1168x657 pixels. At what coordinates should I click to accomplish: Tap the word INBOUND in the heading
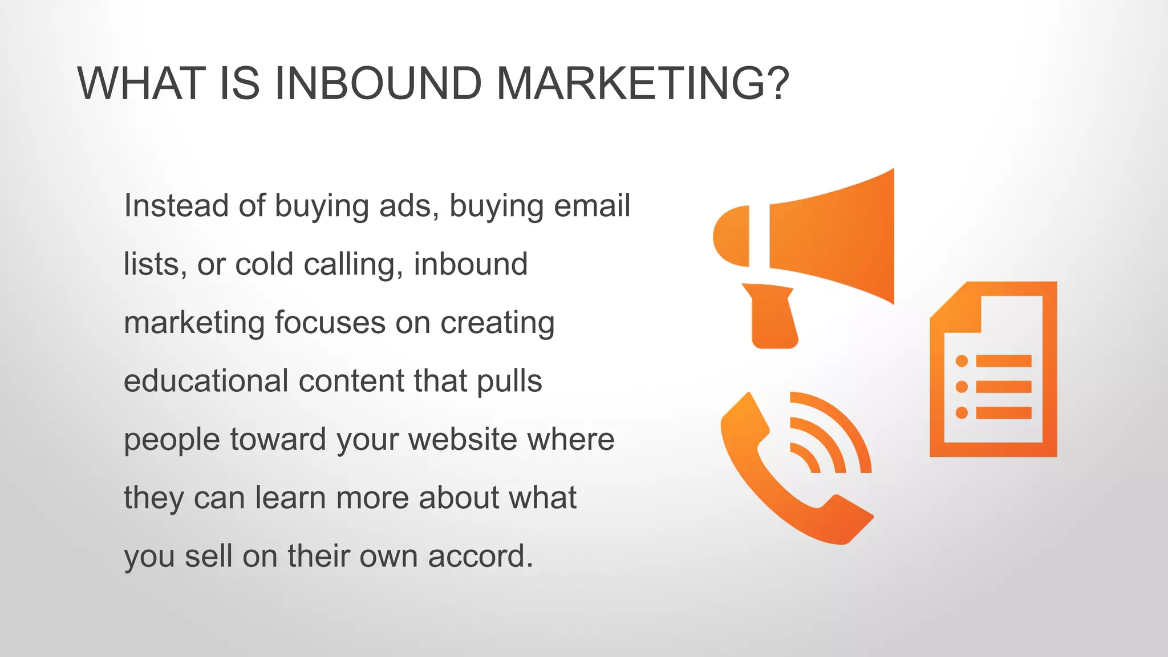click(378, 84)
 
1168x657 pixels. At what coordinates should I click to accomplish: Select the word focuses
click(330, 323)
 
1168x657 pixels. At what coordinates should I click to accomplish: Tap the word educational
click(206, 381)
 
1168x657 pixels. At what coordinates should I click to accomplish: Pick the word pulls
click(509, 382)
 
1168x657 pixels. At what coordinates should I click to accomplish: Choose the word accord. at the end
click(480, 556)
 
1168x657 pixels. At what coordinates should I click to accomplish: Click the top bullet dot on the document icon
click(962, 361)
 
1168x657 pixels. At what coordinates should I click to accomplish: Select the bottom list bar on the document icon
click(1003, 413)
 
